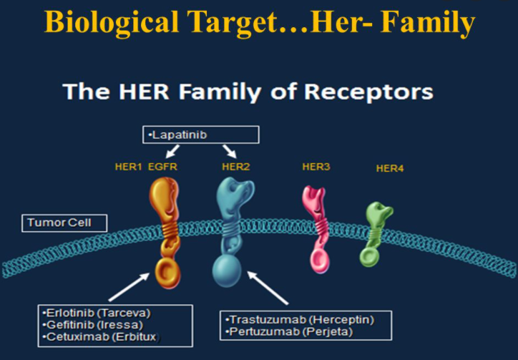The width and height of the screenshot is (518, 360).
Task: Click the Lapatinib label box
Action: click(x=200, y=135)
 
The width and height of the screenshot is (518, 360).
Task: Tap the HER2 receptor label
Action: click(x=235, y=166)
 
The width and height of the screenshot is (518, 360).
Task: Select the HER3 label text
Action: click(x=316, y=166)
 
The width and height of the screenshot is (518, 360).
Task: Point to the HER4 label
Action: click(x=390, y=168)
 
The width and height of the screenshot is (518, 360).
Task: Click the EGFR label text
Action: click(x=162, y=166)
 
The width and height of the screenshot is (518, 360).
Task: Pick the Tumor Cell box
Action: click(x=64, y=223)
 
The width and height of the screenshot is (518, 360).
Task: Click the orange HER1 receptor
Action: click(x=165, y=231)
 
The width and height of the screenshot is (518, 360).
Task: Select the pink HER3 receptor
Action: click(x=317, y=228)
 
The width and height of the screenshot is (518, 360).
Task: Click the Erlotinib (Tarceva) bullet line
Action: click(x=96, y=313)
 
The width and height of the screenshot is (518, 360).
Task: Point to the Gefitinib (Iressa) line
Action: click(x=92, y=325)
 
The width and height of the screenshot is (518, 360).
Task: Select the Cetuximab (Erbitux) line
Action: click(x=100, y=337)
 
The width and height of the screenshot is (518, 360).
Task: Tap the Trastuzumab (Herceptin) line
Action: click(x=300, y=320)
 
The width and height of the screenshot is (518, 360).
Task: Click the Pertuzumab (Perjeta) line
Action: click(x=289, y=331)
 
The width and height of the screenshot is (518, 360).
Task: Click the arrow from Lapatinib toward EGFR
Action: click(x=172, y=152)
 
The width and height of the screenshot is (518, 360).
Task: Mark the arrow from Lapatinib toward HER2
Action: click(x=230, y=152)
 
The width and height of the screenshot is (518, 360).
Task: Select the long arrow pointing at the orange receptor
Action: click(x=129, y=287)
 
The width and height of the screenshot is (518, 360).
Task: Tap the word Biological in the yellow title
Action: click(x=112, y=21)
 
